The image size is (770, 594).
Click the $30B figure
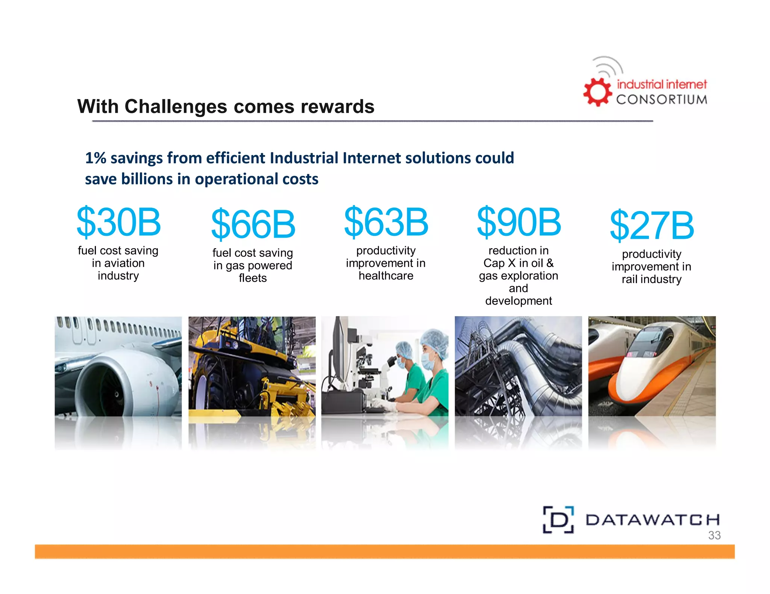[x=118, y=222]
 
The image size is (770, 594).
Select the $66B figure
[x=253, y=225]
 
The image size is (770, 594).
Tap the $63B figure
[x=386, y=222]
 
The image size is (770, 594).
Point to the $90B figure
[x=519, y=222]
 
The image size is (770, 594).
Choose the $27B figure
[x=652, y=225]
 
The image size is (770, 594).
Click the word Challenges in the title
[x=176, y=107]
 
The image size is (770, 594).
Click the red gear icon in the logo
[x=597, y=92]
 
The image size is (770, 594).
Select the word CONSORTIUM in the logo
[x=661, y=100]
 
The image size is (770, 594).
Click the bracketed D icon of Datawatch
[x=558, y=520]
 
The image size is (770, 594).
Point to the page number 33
[x=714, y=535]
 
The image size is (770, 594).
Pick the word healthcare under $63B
[x=386, y=276]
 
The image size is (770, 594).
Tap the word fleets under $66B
[x=253, y=278]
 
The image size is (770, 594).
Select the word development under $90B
[x=518, y=301]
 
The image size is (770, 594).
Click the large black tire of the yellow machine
[x=207, y=387]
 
